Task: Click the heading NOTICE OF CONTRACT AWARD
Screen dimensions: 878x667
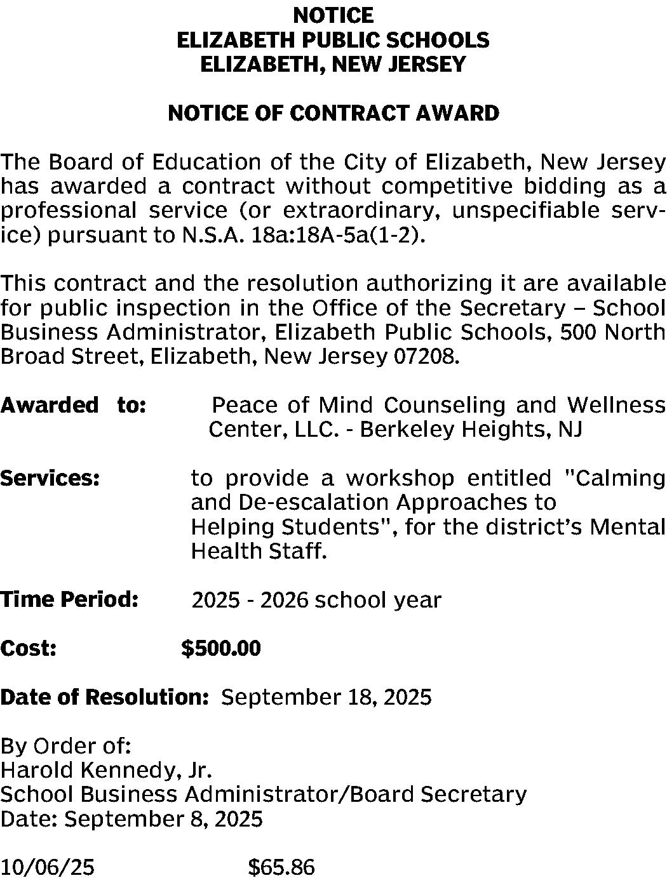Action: (x=333, y=113)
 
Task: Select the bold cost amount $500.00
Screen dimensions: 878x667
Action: (x=220, y=648)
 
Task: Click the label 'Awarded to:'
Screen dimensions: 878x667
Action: (x=74, y=404)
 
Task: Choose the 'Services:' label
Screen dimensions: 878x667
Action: (x=50, y=477)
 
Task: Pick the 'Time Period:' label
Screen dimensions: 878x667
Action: (x=69, y=599)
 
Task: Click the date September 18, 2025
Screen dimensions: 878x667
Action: (x=326, y=697)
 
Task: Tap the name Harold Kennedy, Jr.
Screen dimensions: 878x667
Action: (x=105, y=770)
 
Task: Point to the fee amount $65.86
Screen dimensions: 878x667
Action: (x=281, y=867)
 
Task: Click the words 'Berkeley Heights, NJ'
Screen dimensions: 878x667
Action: (x=471, y=430)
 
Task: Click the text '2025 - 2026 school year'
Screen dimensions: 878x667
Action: (x=316, y=600)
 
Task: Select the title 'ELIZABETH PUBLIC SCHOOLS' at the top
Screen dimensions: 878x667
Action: (x=333, y=40)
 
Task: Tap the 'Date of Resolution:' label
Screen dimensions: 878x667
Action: (x=104, y=697)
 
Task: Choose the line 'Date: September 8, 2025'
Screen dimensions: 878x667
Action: (x=131, y=819)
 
